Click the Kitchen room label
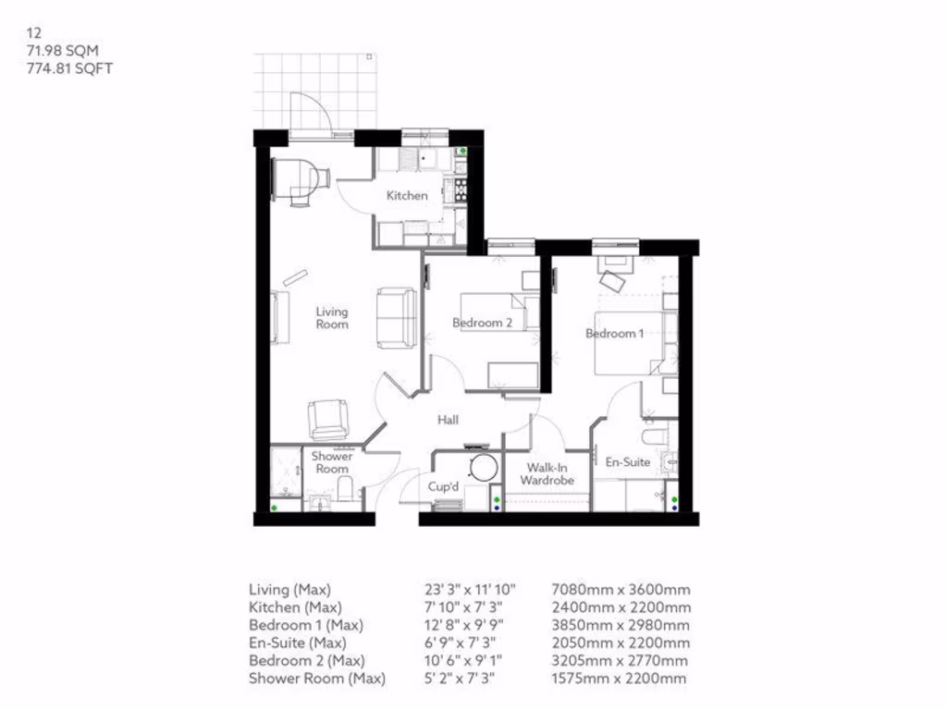[407, 195]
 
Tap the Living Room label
[332, 318]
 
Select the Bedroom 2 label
[482, 323]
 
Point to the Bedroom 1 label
[615, 333]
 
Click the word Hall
[449, 420]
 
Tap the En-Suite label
[628, 461]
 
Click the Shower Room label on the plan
[332, 462]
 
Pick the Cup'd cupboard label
[445, 486]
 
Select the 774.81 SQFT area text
[70, 67]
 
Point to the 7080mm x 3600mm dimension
[621, 590]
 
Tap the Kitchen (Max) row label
[295, 607]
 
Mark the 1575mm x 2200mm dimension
[619, 679]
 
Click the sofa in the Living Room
[397, 317]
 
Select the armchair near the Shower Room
[328, 419]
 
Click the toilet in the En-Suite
[655, 435]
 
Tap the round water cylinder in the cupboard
[482, 467]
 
